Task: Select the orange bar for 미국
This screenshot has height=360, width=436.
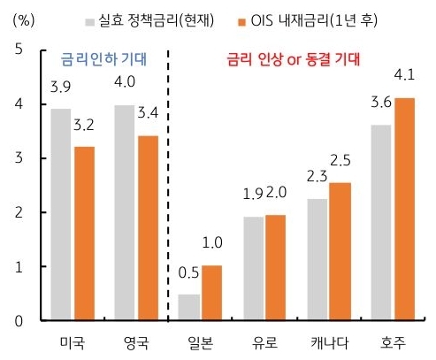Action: click(x=84, y=233)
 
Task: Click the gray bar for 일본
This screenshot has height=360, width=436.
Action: click(x=188, y=306)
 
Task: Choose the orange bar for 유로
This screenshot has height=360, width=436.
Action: click(x=276, y=267)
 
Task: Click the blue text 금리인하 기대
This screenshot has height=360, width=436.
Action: click(x=102, y=60)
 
